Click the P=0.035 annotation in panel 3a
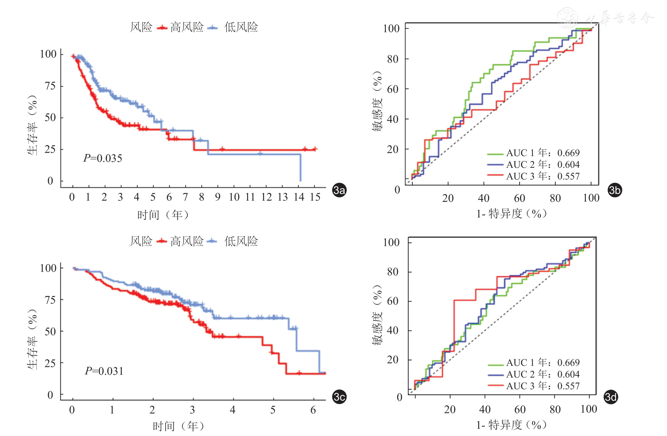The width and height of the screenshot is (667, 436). coord(103,158)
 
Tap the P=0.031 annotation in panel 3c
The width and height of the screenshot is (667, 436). coord(104,371)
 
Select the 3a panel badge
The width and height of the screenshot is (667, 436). coord(339,190)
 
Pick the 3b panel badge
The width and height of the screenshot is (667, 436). coord(615,190)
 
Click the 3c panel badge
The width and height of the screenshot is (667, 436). coord(339,397)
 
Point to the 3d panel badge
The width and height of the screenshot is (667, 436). coord(611,397)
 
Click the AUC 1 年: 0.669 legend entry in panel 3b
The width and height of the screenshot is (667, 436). coord(533,153)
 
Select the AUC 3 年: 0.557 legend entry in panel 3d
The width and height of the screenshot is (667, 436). coord(534,386)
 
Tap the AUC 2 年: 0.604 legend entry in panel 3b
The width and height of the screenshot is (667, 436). coord(533,165)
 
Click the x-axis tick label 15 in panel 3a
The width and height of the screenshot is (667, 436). coord(315,197)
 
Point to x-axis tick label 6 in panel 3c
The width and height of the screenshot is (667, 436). coord(313,410)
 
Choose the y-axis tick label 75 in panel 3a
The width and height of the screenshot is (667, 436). coord(50,86)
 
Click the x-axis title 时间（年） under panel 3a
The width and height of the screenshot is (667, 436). coord(163,215)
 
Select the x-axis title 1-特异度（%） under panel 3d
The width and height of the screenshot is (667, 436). coord(511,425)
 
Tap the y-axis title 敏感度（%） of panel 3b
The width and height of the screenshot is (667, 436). coord(377,101)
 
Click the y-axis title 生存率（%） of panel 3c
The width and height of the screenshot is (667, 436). coord(32,339)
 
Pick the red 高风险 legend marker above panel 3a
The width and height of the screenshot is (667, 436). coord(162,28)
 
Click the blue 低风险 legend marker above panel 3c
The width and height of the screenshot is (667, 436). coord(213,241)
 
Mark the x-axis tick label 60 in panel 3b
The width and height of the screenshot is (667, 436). coord(519,198)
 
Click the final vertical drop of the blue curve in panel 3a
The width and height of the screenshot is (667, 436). coord(300,168)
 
